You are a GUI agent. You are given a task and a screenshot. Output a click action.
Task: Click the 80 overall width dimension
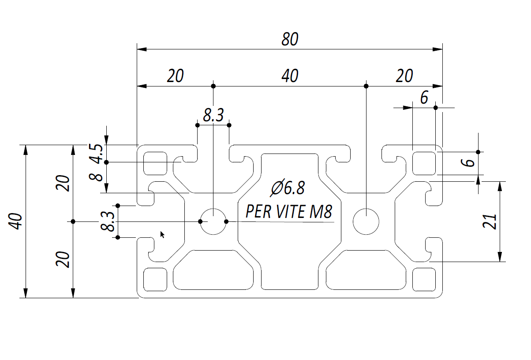[x=290, y=40]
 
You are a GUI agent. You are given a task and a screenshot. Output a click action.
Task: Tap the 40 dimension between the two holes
[x=290, y=76]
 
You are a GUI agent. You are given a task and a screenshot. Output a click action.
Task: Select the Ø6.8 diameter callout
[x=288, y=188]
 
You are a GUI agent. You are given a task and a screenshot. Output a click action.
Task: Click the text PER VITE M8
[x=288, y=212]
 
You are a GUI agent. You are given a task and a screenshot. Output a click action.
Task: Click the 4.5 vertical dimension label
[x=97, y=153]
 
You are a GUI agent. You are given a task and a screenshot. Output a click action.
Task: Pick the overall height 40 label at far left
[x=16, y=221]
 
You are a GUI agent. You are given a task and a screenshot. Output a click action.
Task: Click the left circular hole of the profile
[x=213, y=221]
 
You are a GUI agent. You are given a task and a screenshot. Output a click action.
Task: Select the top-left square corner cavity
[x=156, y=162]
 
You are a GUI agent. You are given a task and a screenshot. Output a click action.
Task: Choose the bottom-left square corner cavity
[x=156, y=280]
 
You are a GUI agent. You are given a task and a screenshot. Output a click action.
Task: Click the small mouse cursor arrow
[x=162, y=234]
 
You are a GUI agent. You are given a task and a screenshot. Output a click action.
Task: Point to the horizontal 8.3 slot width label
[x=213, y=116]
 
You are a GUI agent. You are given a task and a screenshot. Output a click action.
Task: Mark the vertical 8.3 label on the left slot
[x=108, y=221]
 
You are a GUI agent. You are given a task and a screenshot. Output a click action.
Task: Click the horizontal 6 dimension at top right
[x=424, y=98]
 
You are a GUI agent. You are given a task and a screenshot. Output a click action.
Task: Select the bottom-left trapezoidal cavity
[x=215, y=270]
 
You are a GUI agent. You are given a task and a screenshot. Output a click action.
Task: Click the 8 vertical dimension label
[x=97, y=177]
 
